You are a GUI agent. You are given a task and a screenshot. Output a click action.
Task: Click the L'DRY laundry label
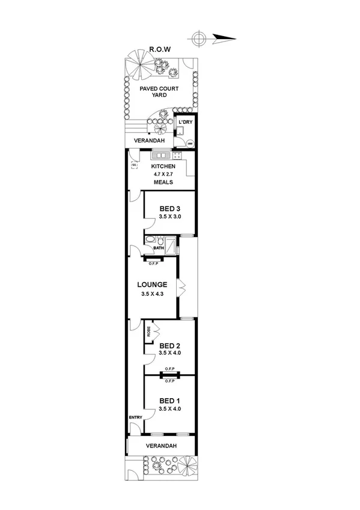click(x=185, y=122)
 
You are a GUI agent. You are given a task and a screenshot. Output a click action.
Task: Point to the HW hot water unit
click(x=189, y=144)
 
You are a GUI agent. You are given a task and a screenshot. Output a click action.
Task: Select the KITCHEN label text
click(x=163, y=166)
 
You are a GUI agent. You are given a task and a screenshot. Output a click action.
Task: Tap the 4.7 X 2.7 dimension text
click(x=163, y=174)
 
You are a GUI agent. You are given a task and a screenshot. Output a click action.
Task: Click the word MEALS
click(x=163, y=182)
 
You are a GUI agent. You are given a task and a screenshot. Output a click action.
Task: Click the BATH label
click(x=159, y=248)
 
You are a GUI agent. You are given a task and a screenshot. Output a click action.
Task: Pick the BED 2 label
click(x=169, y=345)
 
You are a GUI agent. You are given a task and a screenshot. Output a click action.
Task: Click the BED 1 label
click(x=169, y=401)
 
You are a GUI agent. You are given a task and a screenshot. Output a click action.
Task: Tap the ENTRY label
click(x=135, y=417)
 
